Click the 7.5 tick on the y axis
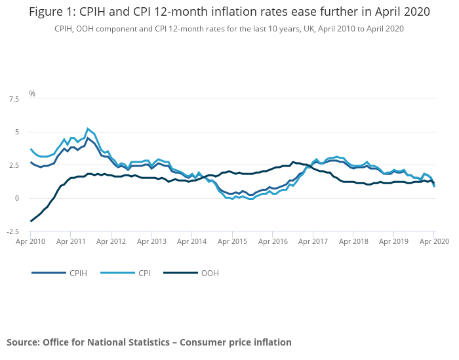point(13,98)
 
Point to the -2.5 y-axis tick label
point(11,231)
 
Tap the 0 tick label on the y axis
point(17,198)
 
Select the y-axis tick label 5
point(17,132)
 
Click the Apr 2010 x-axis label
point(31,241)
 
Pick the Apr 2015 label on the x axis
point(233,241)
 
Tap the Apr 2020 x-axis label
point(433,241)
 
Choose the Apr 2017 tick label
point(313,241)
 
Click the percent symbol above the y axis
point(31,94)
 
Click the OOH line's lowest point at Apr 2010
point(31,221)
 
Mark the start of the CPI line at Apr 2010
point(31,150)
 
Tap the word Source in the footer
point(22,342)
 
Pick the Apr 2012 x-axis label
point(111,241)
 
